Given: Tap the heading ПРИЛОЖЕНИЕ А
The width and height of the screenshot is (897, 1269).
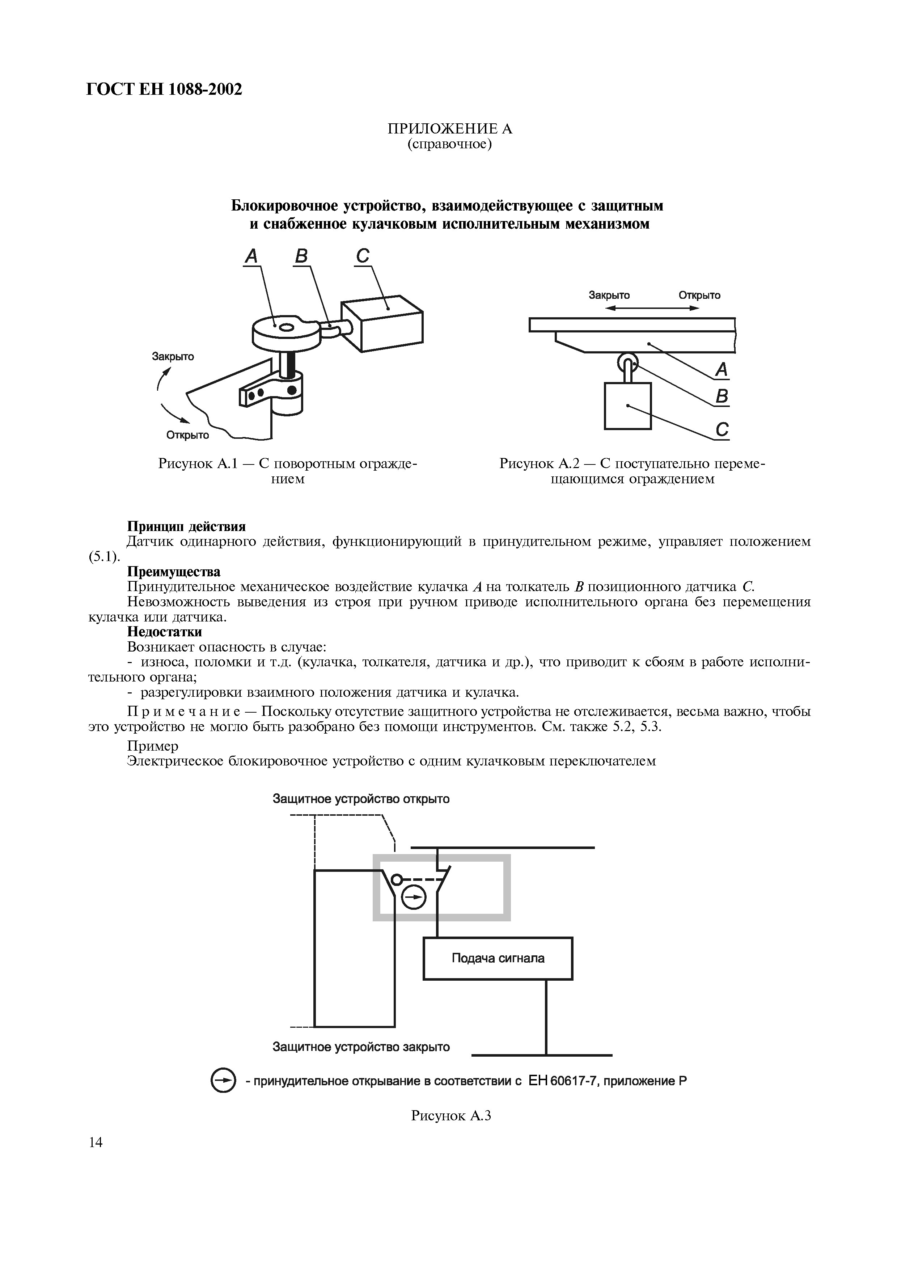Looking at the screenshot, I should tap(449, 129).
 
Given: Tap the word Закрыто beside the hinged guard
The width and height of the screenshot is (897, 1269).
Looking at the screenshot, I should tap(173, 356).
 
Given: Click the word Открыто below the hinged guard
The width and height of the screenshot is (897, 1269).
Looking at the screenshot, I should tap(188, 435).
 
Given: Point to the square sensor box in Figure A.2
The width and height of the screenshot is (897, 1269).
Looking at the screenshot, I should tap(628, 406).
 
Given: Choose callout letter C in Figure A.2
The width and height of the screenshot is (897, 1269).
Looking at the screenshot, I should tap(722, 429).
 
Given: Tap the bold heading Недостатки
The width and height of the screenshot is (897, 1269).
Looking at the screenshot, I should tap(165, 631).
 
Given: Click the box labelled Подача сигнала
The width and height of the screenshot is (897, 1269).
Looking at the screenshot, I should tap(498, 958).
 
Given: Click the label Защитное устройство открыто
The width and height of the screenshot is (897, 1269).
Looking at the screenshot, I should tap(361, 799).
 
